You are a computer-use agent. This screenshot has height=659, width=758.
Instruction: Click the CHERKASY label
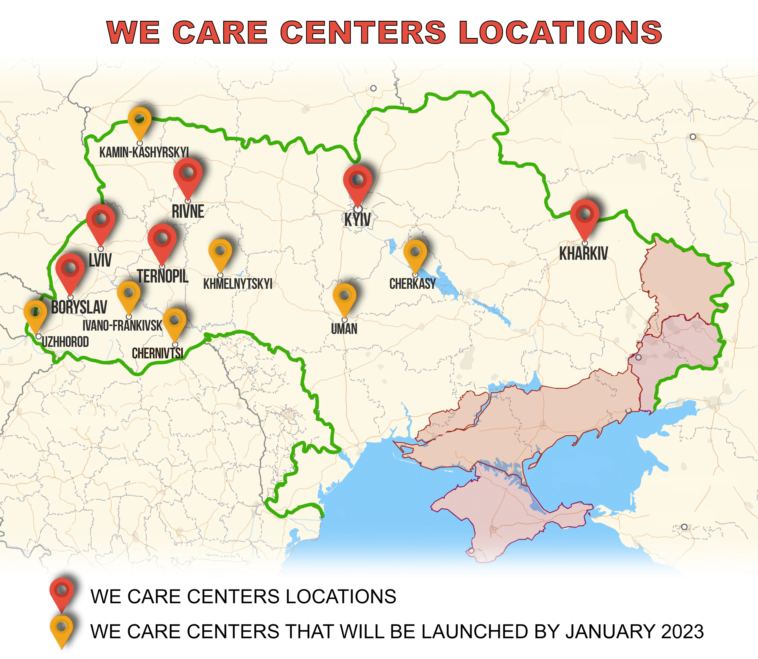pos(412,284)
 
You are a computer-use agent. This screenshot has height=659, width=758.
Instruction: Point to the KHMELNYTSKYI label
pos(238,284)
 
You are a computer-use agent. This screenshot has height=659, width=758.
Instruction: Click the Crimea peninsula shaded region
pos(500,515)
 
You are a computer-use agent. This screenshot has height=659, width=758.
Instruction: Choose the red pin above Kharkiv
pos(585,217)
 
